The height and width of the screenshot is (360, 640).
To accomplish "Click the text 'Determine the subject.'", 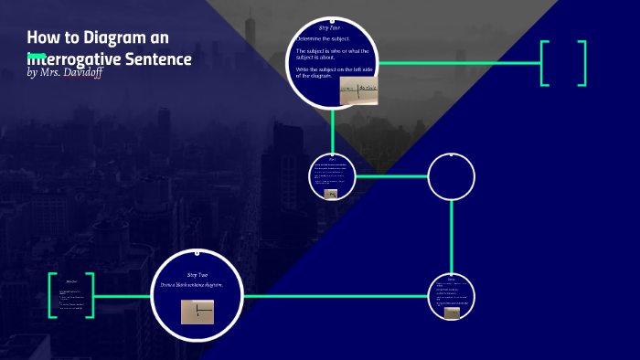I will point(323,39).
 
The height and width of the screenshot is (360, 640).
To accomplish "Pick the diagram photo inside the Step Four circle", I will point(358,90).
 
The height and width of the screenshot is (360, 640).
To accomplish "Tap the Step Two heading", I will point(197,275).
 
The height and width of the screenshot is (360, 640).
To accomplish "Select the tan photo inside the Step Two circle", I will point(197,313).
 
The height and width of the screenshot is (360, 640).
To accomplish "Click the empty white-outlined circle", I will point(452,176).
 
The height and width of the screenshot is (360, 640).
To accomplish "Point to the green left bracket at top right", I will point(545,63).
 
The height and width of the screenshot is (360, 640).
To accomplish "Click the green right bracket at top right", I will point(581,63).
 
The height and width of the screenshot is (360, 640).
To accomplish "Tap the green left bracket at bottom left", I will point(53,295).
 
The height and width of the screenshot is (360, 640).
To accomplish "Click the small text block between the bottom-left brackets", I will point(71,295).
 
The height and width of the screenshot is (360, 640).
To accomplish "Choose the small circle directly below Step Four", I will point(332,176).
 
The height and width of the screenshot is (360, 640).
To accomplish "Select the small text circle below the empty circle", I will point(452,296).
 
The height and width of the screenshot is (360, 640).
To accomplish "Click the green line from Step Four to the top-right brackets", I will point(457,63).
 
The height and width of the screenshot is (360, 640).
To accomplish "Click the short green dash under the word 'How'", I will point(37,57).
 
